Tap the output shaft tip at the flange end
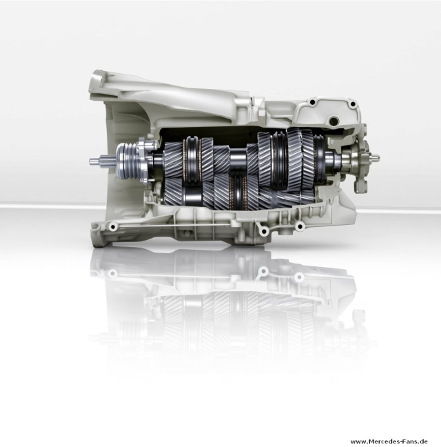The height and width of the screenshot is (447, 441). click(376, 157)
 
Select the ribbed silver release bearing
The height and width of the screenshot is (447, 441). click(126, 161)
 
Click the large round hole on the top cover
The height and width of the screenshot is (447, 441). click(333, 121)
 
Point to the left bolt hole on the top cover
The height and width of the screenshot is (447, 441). click(313, 102)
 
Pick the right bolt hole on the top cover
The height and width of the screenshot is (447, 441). click(353, 104)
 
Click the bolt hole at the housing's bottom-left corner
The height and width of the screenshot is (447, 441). click(113, 227)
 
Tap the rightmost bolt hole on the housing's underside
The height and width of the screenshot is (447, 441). click(300, 227)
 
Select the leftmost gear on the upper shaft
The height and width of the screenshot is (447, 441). click(173, 159)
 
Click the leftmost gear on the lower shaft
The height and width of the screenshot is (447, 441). click(173, 192)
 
